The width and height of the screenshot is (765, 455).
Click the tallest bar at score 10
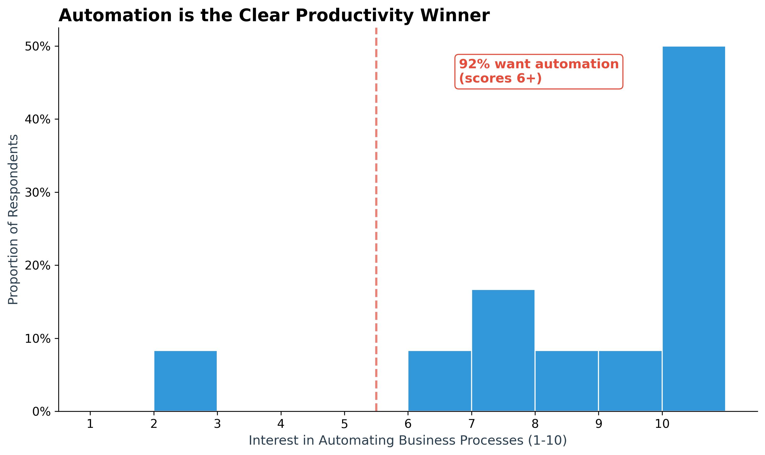[694, 229]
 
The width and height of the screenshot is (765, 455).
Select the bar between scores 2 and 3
[185, 381]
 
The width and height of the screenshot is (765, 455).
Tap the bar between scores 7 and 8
[503, 350]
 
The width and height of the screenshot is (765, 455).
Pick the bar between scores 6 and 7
[439, 381]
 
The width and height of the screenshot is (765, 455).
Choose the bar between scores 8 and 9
[566, 381]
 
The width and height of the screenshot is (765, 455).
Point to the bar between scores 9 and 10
[630, 381]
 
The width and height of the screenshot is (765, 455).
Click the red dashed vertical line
[376, 220]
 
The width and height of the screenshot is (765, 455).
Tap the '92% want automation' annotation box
[539, 71]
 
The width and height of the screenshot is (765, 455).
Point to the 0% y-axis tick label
[41, 412]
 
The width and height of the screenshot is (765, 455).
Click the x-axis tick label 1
[90, 424]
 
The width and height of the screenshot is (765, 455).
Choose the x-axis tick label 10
[662, 424]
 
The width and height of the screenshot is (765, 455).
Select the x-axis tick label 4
[281, 424]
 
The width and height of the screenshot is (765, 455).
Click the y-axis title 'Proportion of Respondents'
[13, 220]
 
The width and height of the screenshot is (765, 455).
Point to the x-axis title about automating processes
[408, 440]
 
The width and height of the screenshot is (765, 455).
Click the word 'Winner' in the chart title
[455, 15]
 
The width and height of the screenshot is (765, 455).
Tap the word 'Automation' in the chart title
[115, 15]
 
